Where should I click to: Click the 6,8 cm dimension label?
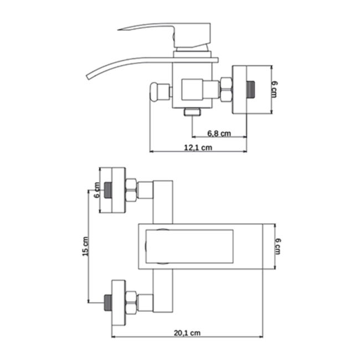point(219,133)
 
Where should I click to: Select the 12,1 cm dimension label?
point(198,148)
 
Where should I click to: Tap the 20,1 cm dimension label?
point(187,333)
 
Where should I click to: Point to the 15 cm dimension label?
point(85,246)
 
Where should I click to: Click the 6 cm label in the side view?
point(274,89)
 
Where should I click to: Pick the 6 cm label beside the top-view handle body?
point(278,246)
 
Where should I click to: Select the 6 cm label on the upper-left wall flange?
point(97,190)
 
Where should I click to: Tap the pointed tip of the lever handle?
point(118,29)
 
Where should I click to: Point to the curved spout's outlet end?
point(88,77)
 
